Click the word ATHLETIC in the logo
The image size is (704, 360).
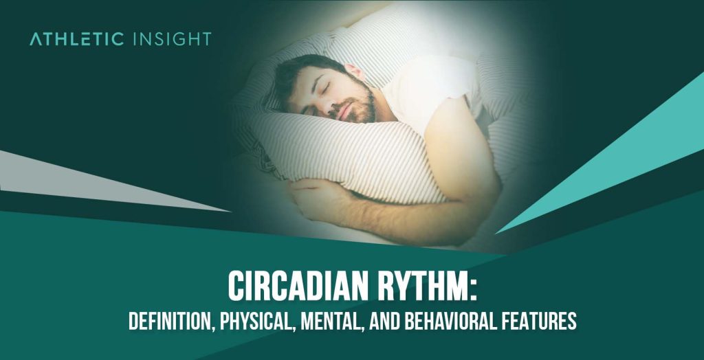76,38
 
